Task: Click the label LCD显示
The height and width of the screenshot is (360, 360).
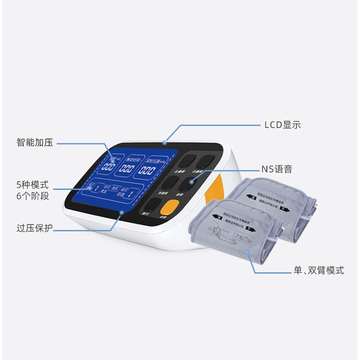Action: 282,126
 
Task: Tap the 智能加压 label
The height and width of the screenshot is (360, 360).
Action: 35,143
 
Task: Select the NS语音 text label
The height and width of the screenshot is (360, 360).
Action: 277,170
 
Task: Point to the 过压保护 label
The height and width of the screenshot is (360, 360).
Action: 35,228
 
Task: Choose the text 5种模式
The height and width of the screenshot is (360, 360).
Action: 32,184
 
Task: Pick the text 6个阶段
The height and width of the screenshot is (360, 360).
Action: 32,196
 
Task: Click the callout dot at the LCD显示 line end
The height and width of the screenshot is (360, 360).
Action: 165,144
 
